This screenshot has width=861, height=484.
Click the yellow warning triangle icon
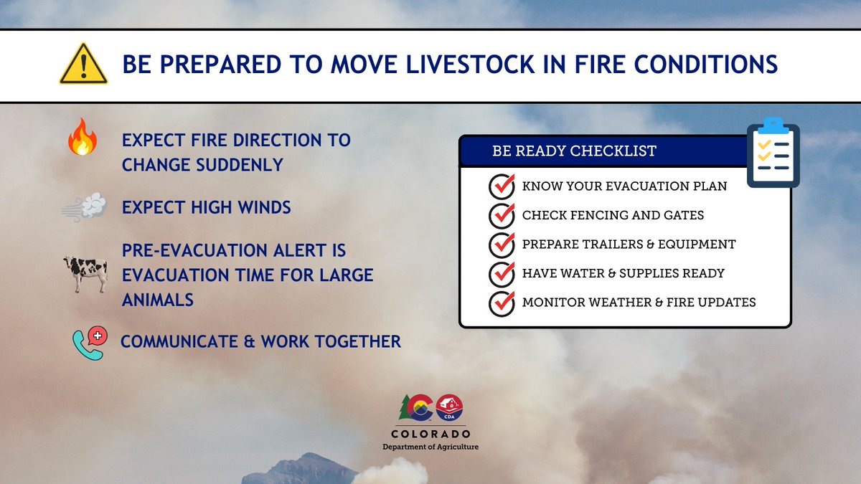tap(83, 64)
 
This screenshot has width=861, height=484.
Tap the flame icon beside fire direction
tap(83, 137)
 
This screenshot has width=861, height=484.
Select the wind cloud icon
tap(85, 207)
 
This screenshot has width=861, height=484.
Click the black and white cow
tap(85, 274)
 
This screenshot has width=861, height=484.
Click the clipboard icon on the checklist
tap(773, 153)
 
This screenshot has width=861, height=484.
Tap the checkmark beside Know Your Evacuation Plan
tap(502, 186)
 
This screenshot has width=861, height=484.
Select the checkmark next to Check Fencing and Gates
tap(502, 216)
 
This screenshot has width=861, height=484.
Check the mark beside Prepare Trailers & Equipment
tap(502, 245)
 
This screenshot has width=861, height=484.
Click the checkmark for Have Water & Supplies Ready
tap(502, 274)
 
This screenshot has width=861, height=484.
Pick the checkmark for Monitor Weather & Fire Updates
tap(502, 303)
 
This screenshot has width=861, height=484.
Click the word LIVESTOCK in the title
tap(470, 64)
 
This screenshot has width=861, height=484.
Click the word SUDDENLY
tap(240, 165)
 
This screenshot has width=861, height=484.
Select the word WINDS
tap(265, 207)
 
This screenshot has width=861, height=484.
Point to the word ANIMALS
tap(158, 300)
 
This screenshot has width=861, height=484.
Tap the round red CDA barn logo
tap(449, 407)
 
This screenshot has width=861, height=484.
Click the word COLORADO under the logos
tap(430, 434)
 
